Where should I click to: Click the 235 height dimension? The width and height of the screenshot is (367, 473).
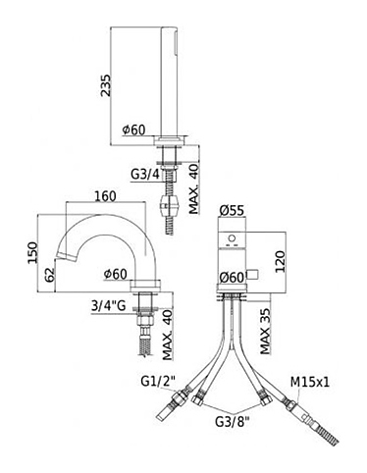(106, 85)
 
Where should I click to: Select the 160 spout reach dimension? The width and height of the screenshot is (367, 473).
(105, 196)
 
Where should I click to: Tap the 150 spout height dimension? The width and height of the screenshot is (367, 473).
(33, 252)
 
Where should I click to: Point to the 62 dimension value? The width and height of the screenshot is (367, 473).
(50, 275)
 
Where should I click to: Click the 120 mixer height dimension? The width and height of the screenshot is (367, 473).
(280, 262)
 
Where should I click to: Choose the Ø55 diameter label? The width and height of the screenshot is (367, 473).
(232, 211)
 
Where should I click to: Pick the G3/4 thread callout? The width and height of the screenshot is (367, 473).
(145, 175)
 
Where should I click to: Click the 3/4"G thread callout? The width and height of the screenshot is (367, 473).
(108, 306)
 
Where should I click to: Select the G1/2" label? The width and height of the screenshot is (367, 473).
(158, 381)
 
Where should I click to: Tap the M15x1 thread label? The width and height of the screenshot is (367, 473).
(310, 382)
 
